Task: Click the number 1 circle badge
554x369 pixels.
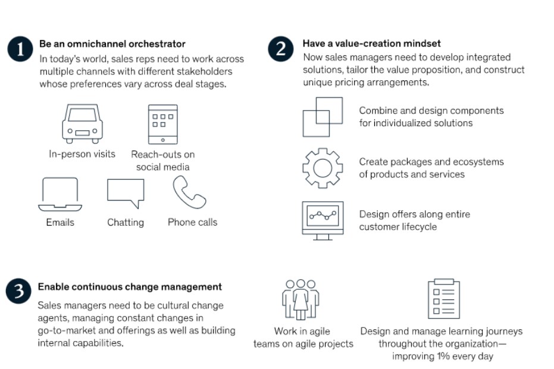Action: click(x=20, y=49)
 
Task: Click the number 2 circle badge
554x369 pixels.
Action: click(x=280, y=49)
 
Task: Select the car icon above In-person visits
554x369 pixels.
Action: click(x=82, y=123)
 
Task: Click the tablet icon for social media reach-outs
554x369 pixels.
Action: click(x=162, y=124)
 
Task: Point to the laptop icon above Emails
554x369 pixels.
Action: click(x=60, y=194)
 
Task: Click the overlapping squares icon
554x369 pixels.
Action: click(x=323, y=117)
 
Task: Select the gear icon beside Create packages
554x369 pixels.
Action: click(x=323, y=168)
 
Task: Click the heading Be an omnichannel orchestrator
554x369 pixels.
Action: click(x=112, y=43)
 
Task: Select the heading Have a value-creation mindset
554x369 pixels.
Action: click(x=371, y=43)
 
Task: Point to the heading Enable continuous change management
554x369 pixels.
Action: click(x=130, y=287)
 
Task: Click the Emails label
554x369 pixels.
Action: click(x=60, y=222)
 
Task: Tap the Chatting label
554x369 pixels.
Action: click(x=126, y=222)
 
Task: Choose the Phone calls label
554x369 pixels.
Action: click(x=192, y=222)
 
